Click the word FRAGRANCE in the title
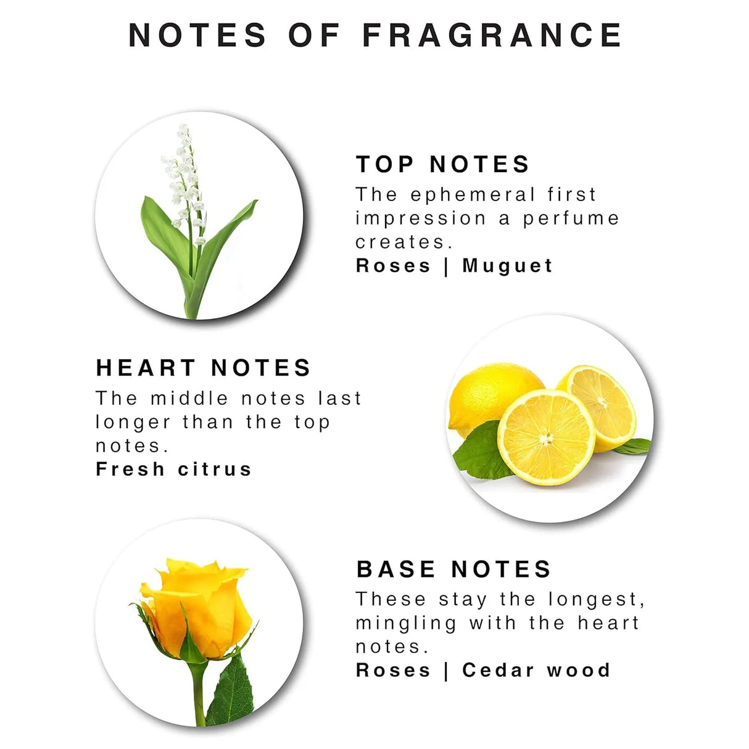click(x=492, y=35)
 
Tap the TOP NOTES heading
click(x=442, y=164)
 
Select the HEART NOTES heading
click(x=203, y=368)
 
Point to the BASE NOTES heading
click(x=453, y=570)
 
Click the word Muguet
click(x=507, y=267)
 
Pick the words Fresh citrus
click(x=173, y=469)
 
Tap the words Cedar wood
click(x=536, y=671)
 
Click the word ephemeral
click(x=473, y=195)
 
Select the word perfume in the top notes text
click(x=570, y=219)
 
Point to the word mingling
click(x=406, y=624)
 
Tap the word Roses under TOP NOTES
click(x=393, y=267)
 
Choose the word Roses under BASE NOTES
click(x=393, y=671)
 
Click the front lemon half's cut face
click(x=547, y=437)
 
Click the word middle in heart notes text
click(x=189, y=399)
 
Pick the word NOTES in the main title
click(x=197, y=35)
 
